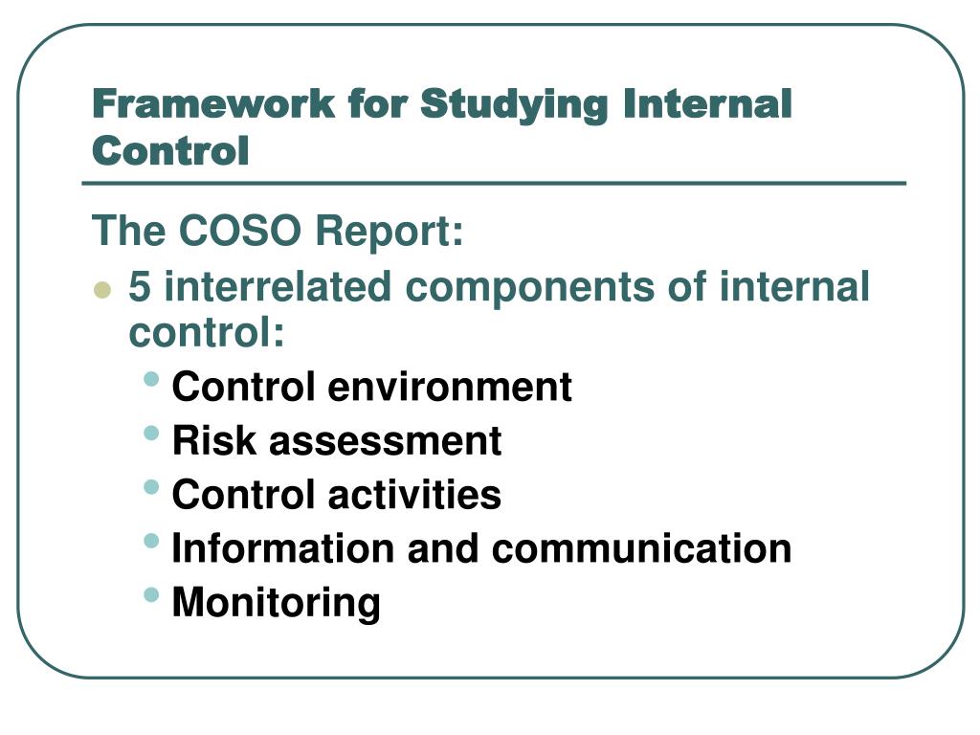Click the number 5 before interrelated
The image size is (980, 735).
[140, 286]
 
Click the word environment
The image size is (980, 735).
[450, 387]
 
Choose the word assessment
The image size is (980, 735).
[385, 440]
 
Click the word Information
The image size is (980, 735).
[282, 548]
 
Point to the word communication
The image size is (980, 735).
[641, 548]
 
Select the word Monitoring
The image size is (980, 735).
[276, 603]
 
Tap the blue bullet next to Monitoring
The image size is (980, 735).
[152, 594]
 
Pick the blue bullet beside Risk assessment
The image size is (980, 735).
[152, 433]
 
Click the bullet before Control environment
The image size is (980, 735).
[152, 379]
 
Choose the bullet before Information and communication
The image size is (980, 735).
[152, 541]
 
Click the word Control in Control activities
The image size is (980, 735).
[243, 494]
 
